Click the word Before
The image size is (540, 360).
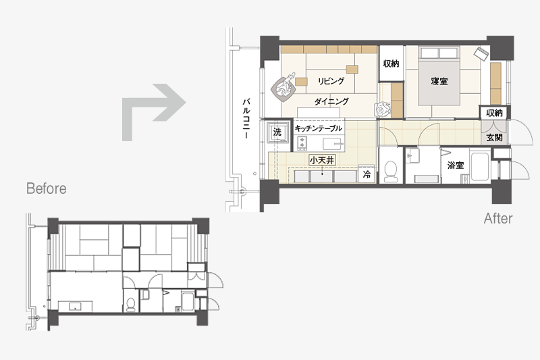(46, 188)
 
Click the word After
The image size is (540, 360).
(498, 218)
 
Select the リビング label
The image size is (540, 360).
(331, 81)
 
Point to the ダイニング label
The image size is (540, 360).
(331, 101)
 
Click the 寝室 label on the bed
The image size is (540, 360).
(439, 81)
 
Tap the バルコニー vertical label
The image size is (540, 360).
(246, 118)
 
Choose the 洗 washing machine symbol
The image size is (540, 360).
(277, 132)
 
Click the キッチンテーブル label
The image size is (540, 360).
(318, 128)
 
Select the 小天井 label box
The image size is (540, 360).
(322, 160)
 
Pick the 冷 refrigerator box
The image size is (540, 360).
(367, 174)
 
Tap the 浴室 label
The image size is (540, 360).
(455, 165)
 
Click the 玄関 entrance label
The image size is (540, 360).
(494, 138)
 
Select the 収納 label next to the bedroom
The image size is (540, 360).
(391, 63)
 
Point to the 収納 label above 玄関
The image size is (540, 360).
(494, 113)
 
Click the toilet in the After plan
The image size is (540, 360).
(391, 171)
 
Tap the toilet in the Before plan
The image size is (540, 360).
(131, 305)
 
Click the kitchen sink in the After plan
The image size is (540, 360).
(333, 143)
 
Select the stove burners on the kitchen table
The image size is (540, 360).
(302, 144)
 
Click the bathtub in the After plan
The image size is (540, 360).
(479, 166)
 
